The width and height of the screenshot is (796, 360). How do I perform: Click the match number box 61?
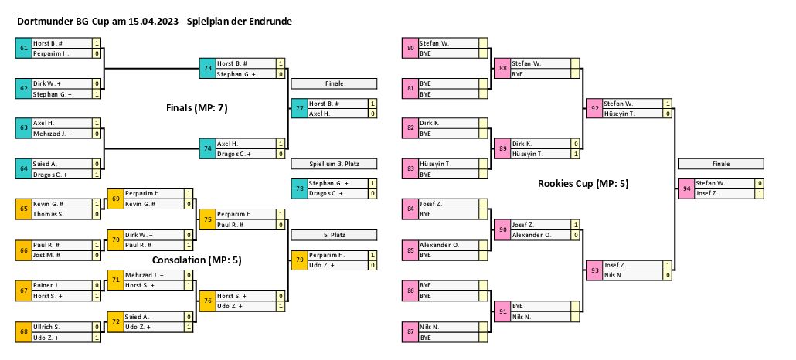click(x=23, y=49)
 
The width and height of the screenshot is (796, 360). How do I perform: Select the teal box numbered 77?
click(x=298, y=108)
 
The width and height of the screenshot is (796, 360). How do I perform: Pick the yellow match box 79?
click(x=298, y=260)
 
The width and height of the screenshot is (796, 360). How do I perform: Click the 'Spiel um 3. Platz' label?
click(x=334, y=164)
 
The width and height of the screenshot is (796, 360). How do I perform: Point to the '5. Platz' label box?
click(x=334, y=234)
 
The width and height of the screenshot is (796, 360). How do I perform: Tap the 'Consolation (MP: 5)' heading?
click(x=197, y=260)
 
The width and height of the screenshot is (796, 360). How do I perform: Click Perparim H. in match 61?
click(x=51, y=54)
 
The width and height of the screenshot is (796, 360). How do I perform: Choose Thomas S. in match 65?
click(x=49, y=214)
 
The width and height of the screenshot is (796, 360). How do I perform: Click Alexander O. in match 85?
click(x=439, y=244)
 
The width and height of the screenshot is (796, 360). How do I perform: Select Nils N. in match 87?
click(x=431, y=328)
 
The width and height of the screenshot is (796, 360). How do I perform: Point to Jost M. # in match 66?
click(x=49, y=254)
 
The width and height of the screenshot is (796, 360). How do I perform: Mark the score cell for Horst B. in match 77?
click(x=372, y=104)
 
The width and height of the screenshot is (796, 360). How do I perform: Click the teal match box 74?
click(x=206, y=148)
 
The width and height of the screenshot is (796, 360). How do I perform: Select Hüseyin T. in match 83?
click(x=436, y=164)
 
